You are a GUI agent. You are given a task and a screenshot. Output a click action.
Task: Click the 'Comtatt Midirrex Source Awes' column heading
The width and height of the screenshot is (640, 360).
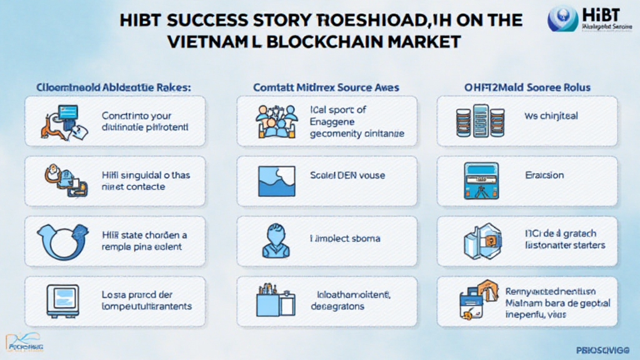click(x=326, y=87)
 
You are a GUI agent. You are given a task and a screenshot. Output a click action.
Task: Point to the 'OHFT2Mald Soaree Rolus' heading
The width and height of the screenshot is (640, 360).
click(x=527, y=87)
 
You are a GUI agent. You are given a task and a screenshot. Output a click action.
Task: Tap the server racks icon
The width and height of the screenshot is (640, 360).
click(x=479, y=119)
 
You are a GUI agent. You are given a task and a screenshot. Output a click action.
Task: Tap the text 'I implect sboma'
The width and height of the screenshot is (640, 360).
click(x=345, y=238)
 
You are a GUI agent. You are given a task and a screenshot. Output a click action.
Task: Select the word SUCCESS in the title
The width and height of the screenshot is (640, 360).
click(x=201, y=20)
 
